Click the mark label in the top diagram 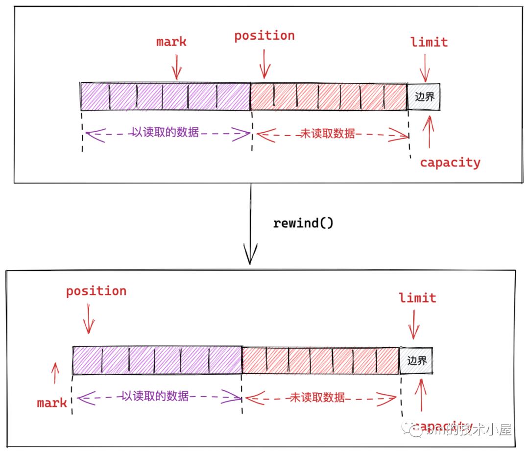(171, 42)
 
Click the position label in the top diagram (264, 36)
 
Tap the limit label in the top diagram (429, 42)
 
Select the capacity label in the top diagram (450, 163)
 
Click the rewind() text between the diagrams (303, 223)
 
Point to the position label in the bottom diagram (96, 291)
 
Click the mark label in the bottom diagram (52, 403)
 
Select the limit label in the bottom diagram (417, 298)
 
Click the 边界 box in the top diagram (424, 96)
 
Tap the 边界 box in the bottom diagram (416, 361)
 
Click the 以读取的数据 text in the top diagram (165, 132)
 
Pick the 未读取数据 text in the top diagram (327, 134)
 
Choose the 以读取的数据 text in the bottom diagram (155, 396)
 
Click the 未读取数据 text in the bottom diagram (317, 397)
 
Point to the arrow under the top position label (264, 64)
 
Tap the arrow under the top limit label (425, 68)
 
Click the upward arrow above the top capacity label (429, 131)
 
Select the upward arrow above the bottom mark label (55, 373)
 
